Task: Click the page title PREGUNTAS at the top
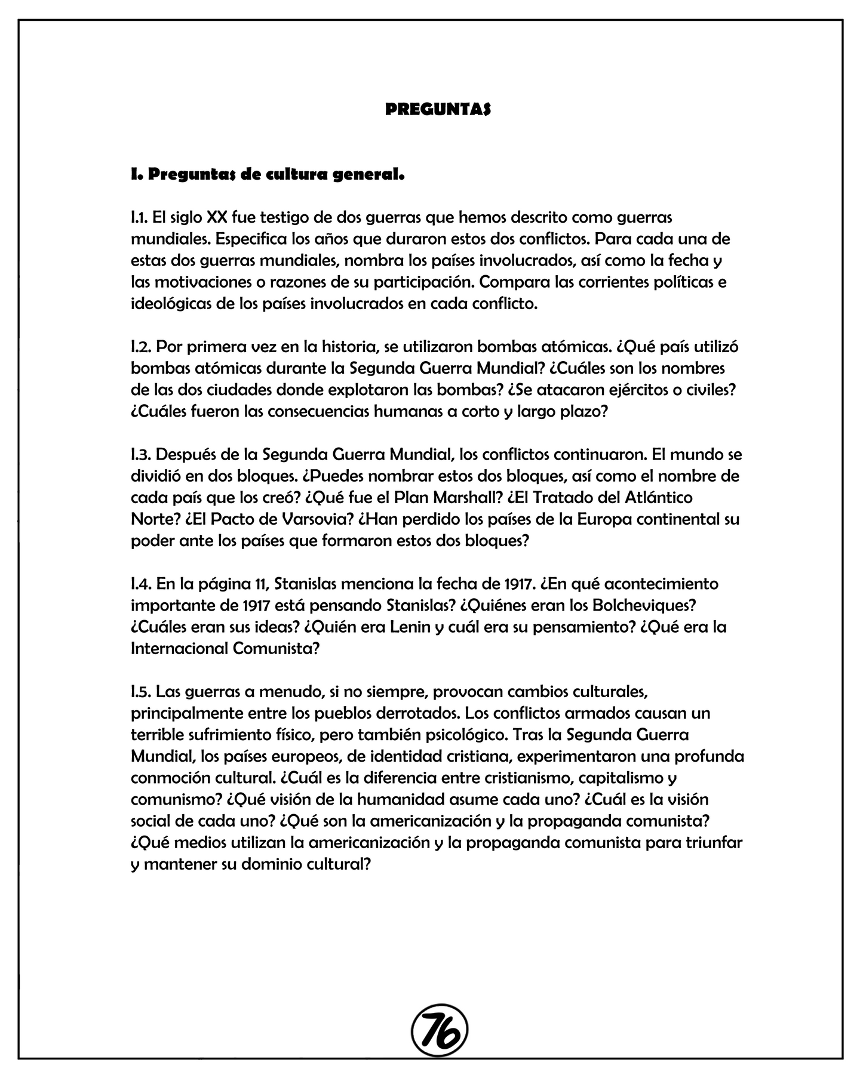(438, 110)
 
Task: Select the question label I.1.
(139, 217)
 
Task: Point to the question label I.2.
(141, 347)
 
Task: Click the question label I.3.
(141, 455)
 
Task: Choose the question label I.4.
(142, 583)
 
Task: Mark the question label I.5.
(141, 692)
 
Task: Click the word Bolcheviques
(644, 605)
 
